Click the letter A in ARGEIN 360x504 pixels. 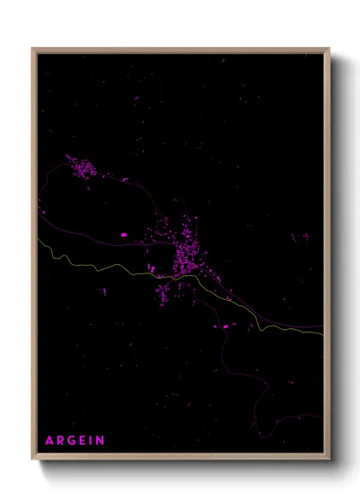[x=49, y=441]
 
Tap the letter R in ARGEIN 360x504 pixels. [x=61, y=441]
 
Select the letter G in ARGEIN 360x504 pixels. [x=73, y=441]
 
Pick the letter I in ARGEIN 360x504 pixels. [x=93, y=441]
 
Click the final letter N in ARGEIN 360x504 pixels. [x=101, y=441]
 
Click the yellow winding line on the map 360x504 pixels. [x=103, y=267]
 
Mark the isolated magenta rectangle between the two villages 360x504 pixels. [x=123, y=233]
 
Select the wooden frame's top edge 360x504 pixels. [x=180, y=49]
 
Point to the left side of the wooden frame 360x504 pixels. [x=33, y=257]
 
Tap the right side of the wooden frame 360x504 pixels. [x=327, y=257]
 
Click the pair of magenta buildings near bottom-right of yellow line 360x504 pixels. [x=225, y=327]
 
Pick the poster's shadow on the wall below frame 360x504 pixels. [x=189, y=470]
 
